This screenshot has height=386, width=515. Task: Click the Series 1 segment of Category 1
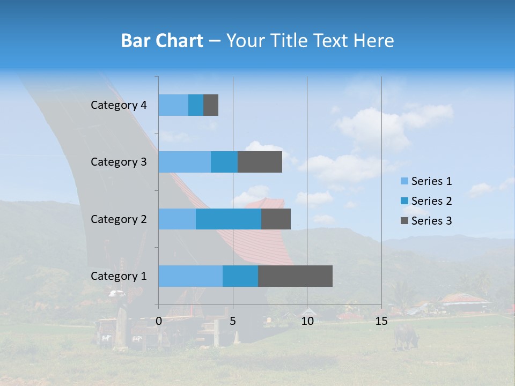tap(190, 276)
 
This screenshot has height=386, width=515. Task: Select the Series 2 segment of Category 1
tap(240, 276)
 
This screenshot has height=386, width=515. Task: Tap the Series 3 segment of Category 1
tap(295, 276)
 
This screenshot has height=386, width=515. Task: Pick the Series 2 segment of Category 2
tap(229, 219)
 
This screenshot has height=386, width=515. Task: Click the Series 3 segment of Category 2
tap(276, 219)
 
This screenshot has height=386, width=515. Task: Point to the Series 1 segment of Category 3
tap(185, 162)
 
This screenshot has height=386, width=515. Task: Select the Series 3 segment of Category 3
tap(260, 162)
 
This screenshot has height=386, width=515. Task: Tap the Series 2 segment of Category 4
tap(196, 105)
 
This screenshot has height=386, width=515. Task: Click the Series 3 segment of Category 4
tap(211, 105)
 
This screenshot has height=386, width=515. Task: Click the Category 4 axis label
tap(119, 105)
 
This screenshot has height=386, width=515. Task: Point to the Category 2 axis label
tap(119, 219)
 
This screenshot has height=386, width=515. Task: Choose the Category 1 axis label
tap(119, 276)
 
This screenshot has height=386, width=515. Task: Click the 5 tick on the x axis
tap(233, 321)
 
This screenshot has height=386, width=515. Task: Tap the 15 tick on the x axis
tap(381, 321)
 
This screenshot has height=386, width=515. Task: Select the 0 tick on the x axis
tap(159, 321)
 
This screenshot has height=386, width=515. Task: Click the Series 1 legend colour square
tap(404, 181)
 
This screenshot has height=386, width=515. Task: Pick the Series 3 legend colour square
tap(404, 221)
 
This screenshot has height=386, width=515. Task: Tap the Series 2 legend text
tap(431, 201)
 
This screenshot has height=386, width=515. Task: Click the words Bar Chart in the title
tap(162, 40)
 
